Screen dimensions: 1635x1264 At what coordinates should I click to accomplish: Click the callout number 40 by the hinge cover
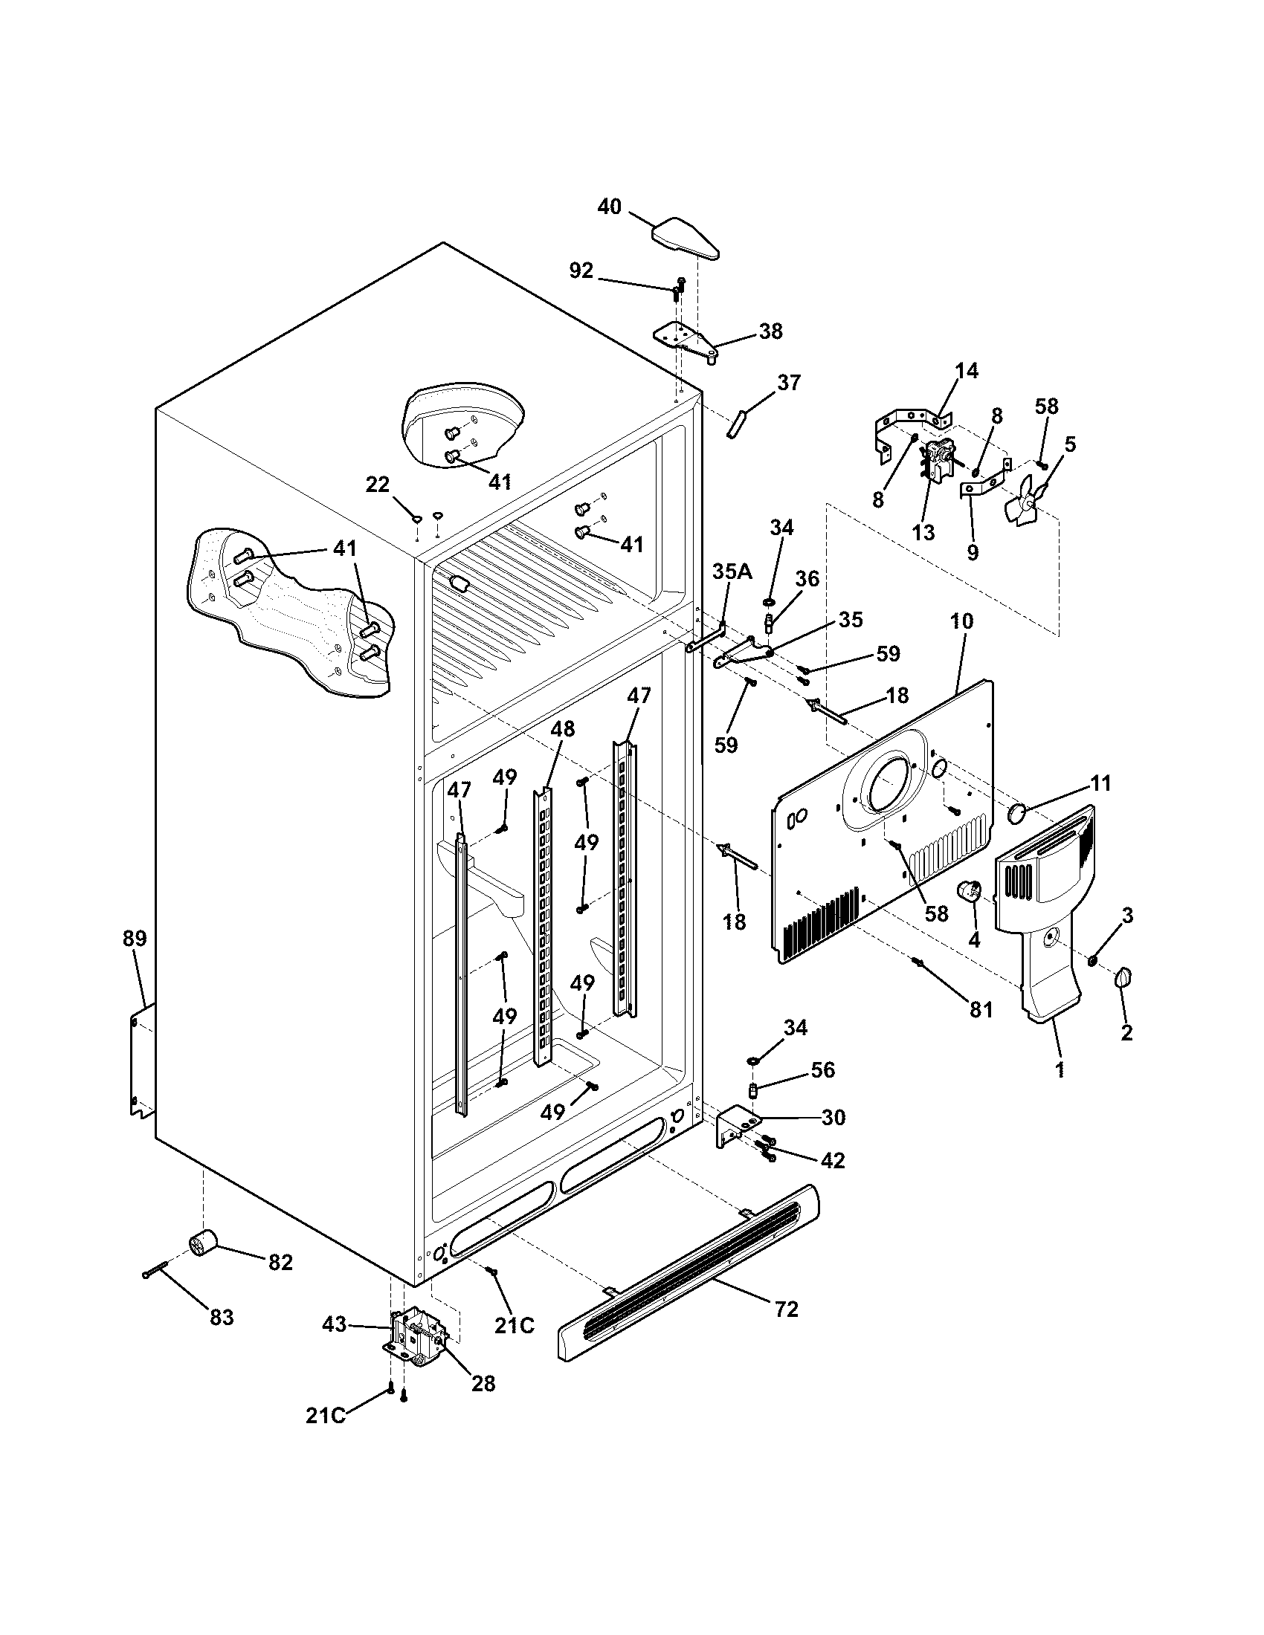[609, 207]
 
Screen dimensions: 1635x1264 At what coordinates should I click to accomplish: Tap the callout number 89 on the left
[135, 938]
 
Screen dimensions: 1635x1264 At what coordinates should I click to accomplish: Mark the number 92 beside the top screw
[581, 271]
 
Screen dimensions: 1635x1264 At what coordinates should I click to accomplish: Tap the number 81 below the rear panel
[981, 1010]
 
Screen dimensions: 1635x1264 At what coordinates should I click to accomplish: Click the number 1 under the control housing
[1060, 1069]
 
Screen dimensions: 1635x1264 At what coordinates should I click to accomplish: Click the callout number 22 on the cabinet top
[378, 485]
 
